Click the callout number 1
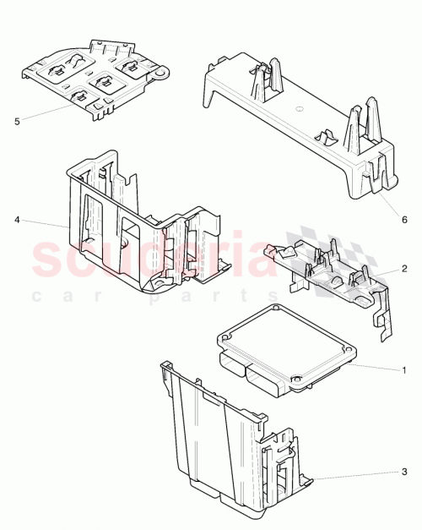point(404,369)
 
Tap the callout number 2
point(404,268)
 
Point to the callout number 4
point(17,220)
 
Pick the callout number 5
point(17,121)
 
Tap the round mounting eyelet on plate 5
point(157,74)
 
